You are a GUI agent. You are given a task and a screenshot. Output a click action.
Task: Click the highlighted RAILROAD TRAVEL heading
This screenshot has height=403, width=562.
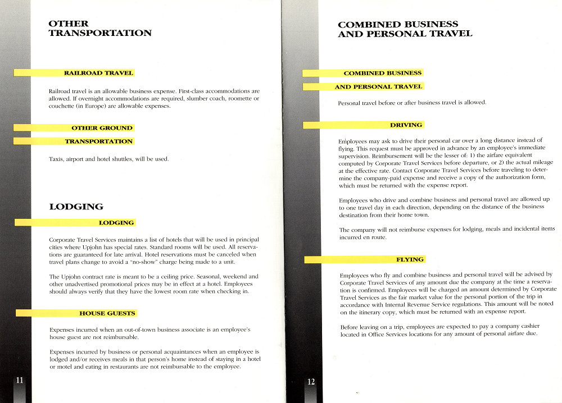[98, 73]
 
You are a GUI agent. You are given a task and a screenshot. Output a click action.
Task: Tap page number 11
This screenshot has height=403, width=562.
[20, 380]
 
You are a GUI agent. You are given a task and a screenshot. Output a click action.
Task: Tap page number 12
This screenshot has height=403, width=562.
[311, 382]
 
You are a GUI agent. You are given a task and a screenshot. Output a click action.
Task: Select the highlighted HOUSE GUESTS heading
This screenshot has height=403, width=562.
[107, 313]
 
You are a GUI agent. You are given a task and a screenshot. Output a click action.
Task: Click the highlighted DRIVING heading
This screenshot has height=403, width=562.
[406, 125]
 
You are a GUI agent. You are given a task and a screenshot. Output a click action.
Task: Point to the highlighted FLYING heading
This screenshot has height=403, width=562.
[410, 259]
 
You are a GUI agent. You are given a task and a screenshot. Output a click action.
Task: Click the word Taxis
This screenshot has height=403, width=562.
[57, 159]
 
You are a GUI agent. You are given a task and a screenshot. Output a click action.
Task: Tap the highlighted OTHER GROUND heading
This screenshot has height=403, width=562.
[102, 128]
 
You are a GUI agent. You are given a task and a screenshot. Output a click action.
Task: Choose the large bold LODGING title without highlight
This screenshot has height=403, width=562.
[76, 207]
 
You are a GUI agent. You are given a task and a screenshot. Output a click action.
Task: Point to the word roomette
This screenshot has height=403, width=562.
[237, 98]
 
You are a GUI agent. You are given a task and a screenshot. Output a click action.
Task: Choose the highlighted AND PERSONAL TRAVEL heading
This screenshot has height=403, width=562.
[378, 87]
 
